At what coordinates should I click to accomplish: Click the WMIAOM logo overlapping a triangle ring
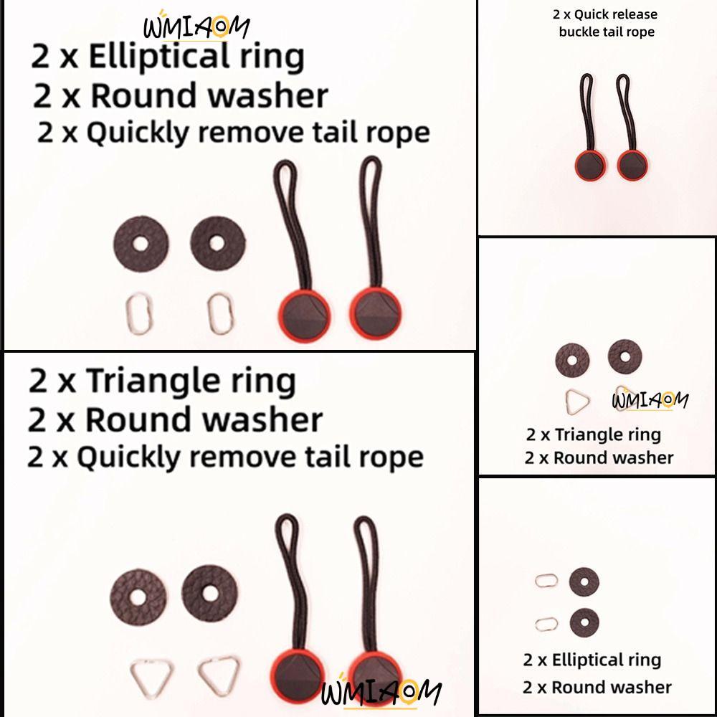tap(650, 400)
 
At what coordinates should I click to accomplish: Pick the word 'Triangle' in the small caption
tap(584, 435)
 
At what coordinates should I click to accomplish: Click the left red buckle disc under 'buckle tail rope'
tap(590, 164)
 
